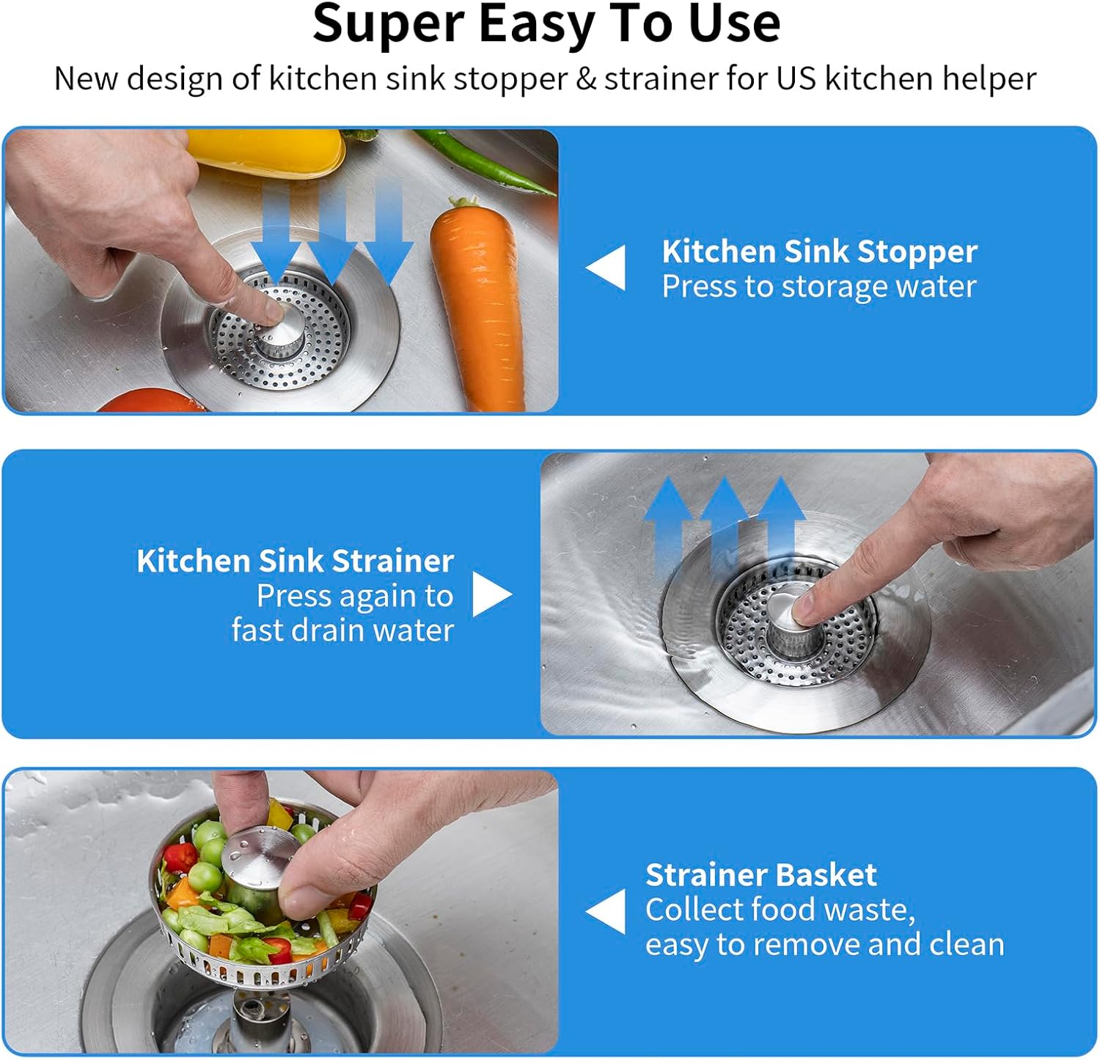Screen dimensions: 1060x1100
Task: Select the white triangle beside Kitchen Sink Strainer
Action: pyautogui.click(x=490, y=594)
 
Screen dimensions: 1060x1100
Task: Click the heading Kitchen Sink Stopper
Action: pyautogui.click(x=819, y=251)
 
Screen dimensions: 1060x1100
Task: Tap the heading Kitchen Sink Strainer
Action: pyautogui.click(x=295, y=561)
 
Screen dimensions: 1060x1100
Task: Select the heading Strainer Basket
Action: pyautogui.click(x=760, y=875)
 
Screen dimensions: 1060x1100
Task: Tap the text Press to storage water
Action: pyautogui.click(x=819, y=287)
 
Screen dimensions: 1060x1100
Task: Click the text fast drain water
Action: pyautogui.click(x=342, y=630)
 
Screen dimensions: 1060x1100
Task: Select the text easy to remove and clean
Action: pyautogui.click(x=824, y=944)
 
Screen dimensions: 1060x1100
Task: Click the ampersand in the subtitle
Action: pyautogui.click(x=585, y=78)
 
